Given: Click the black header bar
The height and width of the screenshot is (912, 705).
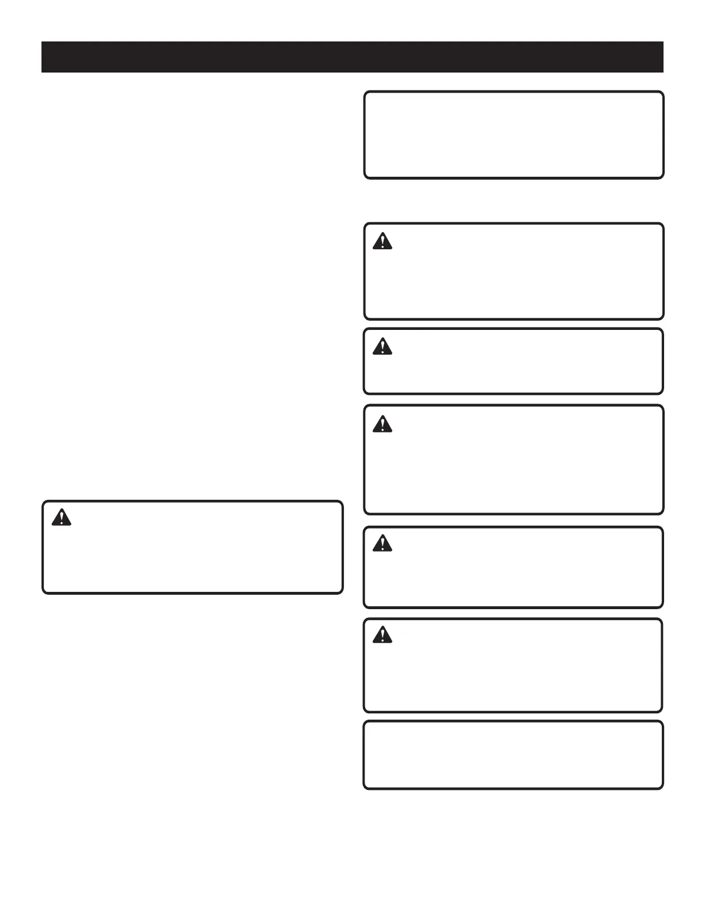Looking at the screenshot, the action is [352, 57].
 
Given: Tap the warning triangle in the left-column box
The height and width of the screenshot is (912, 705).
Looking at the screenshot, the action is [61, 518].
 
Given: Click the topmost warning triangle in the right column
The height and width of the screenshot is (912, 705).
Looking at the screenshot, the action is [382, 241].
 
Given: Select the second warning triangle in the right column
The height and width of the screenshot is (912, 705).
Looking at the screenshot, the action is [382, 347].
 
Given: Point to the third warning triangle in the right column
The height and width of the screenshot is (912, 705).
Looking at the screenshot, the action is [382, 425].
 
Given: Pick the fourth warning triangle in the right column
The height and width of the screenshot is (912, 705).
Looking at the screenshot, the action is [382, 543].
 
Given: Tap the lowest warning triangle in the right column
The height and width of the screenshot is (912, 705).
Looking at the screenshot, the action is [382, 635].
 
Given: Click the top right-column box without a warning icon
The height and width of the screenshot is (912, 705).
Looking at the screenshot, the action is [514, 135].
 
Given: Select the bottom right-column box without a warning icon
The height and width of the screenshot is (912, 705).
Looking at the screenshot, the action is [513, 755].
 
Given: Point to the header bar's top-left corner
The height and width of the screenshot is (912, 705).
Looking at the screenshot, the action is [42, 42].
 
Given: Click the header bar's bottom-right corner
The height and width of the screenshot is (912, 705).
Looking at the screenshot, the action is [663, 72].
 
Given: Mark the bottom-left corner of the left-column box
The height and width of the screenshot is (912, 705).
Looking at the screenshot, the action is [43, 592].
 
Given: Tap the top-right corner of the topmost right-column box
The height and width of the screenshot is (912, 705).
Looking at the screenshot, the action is [662, 92].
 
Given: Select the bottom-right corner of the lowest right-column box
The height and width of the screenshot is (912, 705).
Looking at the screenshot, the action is [662, 788].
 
